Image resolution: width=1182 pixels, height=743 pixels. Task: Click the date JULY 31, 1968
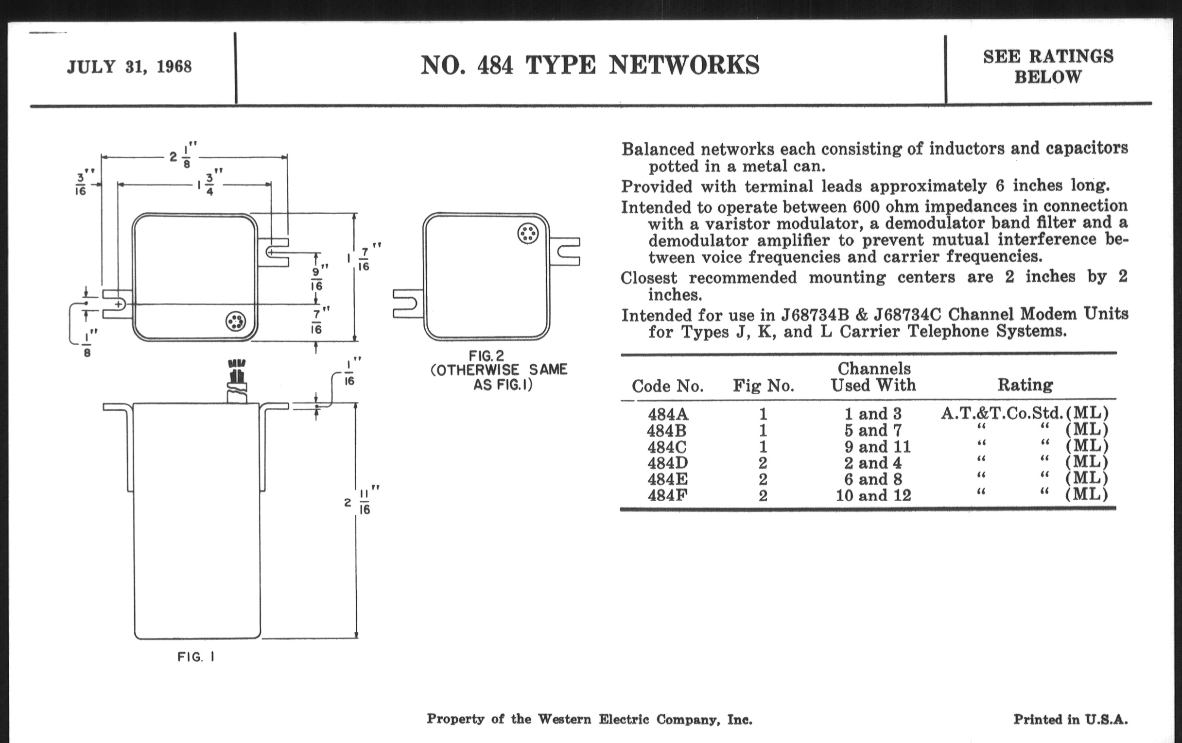(129, 67)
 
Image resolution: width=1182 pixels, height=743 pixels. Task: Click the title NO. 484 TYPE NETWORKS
(590, 65)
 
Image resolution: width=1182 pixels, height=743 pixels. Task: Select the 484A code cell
(668, 414)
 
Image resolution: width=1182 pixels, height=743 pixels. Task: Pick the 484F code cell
(667, 495)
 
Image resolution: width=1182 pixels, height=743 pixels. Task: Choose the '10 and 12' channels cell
(873, 495)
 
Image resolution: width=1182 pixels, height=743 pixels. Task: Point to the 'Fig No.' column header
(763, 386)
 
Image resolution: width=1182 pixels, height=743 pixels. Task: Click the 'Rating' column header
(1025, 385)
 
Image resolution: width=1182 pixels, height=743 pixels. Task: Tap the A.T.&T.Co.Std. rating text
(1001, 413)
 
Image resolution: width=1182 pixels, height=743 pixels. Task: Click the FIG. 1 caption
(196, 657)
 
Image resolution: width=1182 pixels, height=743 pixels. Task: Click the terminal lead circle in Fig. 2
(528, 234)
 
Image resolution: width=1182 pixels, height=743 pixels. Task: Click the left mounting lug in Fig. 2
(407, 304)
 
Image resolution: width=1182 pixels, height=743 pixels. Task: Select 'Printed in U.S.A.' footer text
(1070, 720)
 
